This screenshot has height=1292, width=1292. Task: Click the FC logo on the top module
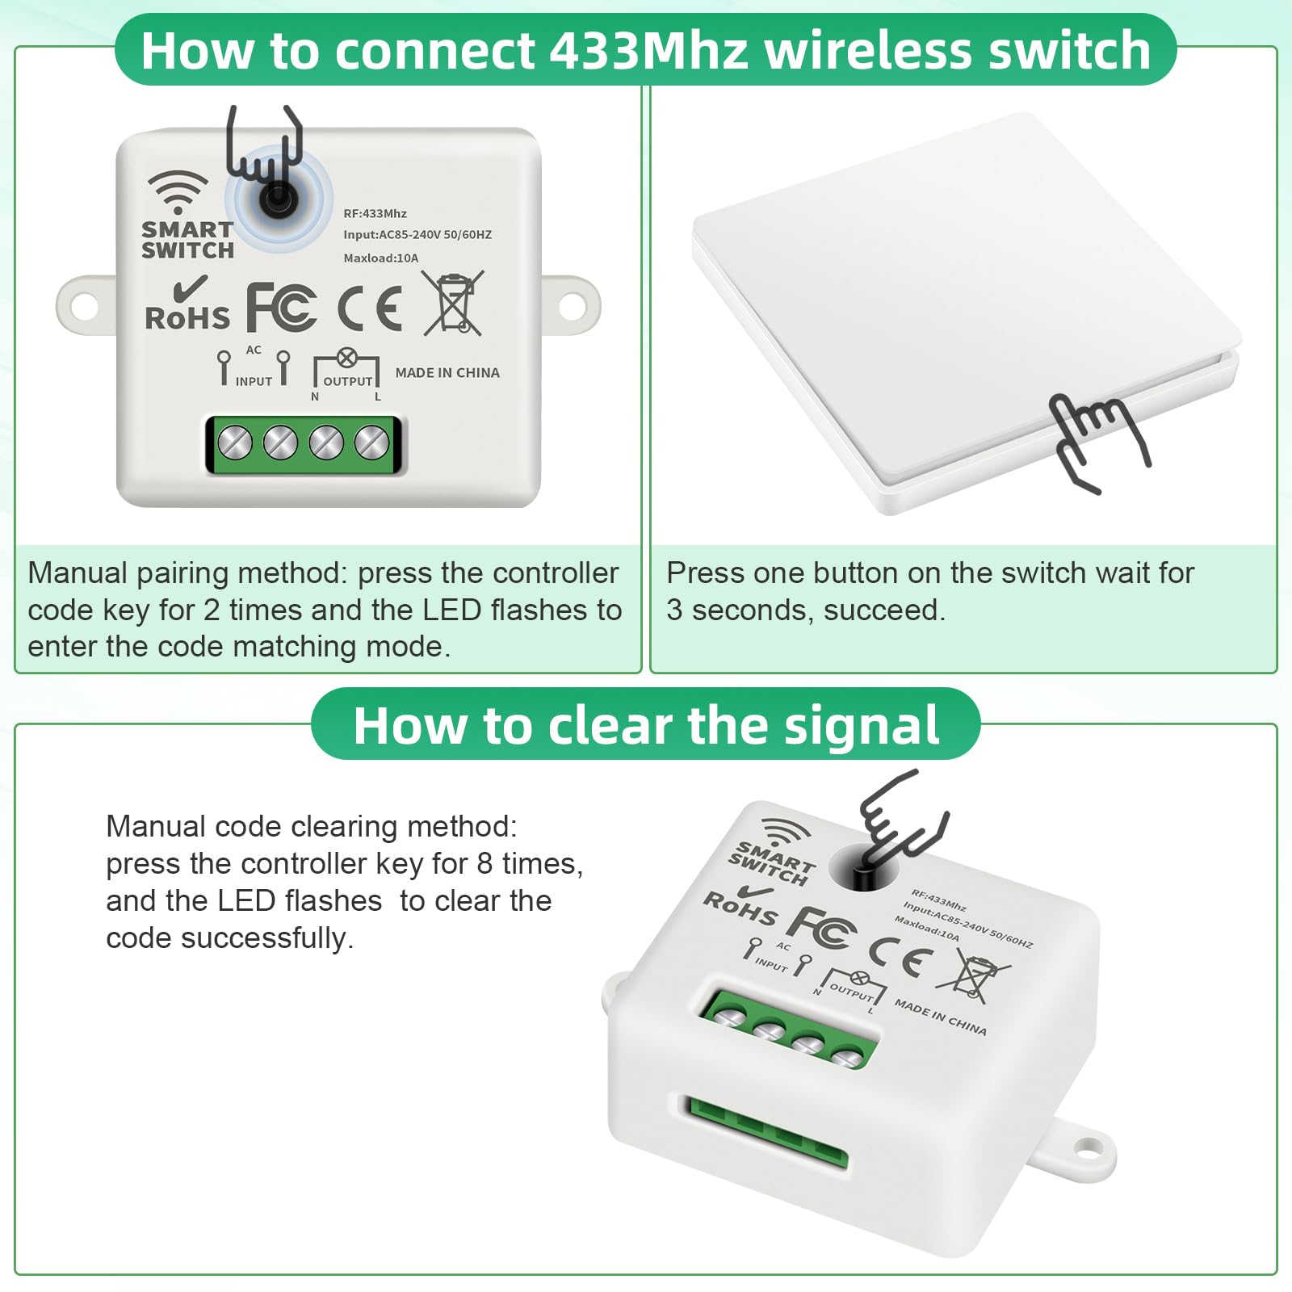pos(281,308)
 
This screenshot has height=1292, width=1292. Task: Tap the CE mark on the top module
pos(370,308)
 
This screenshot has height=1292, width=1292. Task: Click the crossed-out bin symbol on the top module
pos(454,304)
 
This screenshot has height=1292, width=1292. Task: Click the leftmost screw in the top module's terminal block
pos(235,443)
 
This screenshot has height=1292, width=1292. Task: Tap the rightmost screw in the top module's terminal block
pos(372,443)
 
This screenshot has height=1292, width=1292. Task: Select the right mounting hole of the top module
pos(572,306)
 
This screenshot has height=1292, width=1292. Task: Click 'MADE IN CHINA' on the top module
pos(447,373)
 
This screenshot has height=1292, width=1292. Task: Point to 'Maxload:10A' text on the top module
pos(381,258)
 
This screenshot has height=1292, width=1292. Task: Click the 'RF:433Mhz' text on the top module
pos(375,214)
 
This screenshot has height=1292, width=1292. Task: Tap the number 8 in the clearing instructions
pos(484,864)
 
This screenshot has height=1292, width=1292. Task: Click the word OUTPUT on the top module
pos(348,382)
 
